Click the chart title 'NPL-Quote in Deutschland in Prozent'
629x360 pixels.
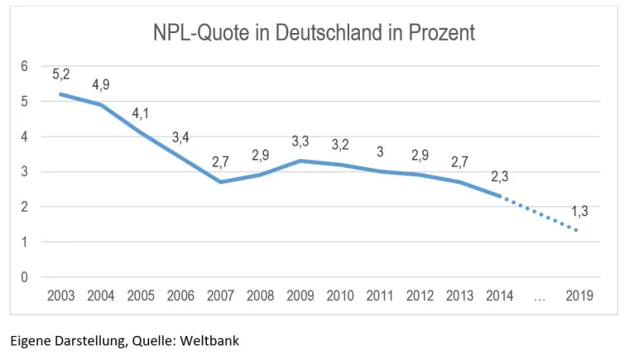(314, 32)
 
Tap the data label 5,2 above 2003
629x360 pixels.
(60, 74)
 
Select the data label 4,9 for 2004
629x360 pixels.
(101, 84)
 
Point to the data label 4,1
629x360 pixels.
(141, 113)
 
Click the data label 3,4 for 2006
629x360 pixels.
(180, 137)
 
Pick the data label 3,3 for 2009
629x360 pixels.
(300, 142)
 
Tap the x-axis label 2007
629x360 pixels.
(221, 296)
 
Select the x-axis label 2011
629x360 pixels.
(380, 296)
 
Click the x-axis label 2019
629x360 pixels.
(579, 296)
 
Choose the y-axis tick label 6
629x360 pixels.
(25, 66)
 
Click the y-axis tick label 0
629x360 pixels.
(25, 277)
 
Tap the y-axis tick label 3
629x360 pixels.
(25, 172)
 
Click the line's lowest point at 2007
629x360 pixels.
(221, 182)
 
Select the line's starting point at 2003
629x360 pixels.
(61, 94)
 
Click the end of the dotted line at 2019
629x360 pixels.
(578, 231)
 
